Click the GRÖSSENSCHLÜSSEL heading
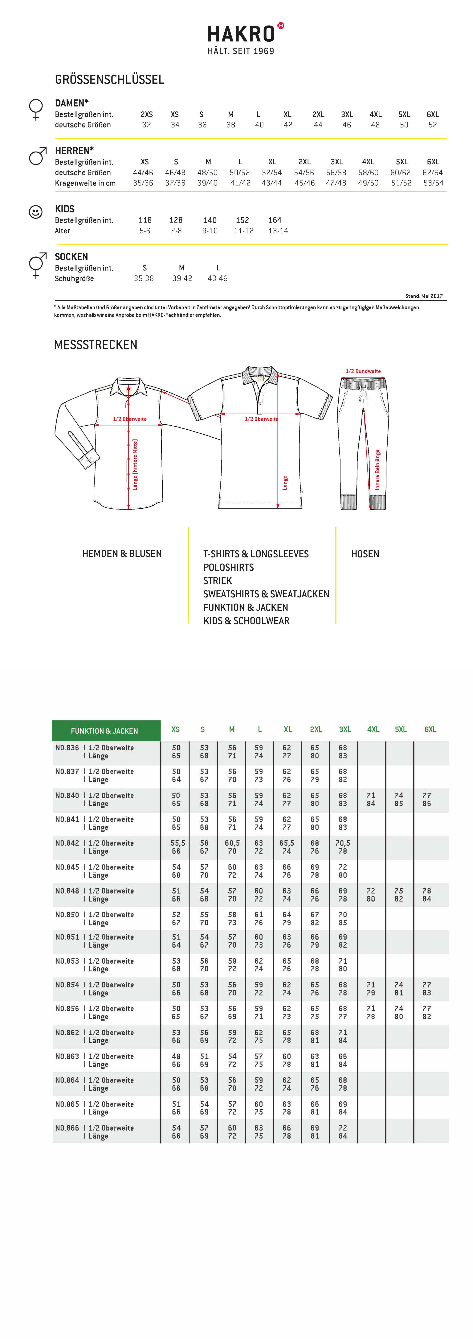point(110,80)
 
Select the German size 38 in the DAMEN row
point(230,125)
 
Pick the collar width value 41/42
point(240,183)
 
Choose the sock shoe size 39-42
point(182,279)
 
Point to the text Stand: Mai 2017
point(424,296)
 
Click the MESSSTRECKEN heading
point(96,345)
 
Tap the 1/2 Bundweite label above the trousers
point(363,371)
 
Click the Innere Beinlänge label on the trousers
point(377,469)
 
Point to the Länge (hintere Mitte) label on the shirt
point(135,464)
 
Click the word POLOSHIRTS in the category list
point(228,567)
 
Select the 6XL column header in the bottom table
point(430,729)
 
